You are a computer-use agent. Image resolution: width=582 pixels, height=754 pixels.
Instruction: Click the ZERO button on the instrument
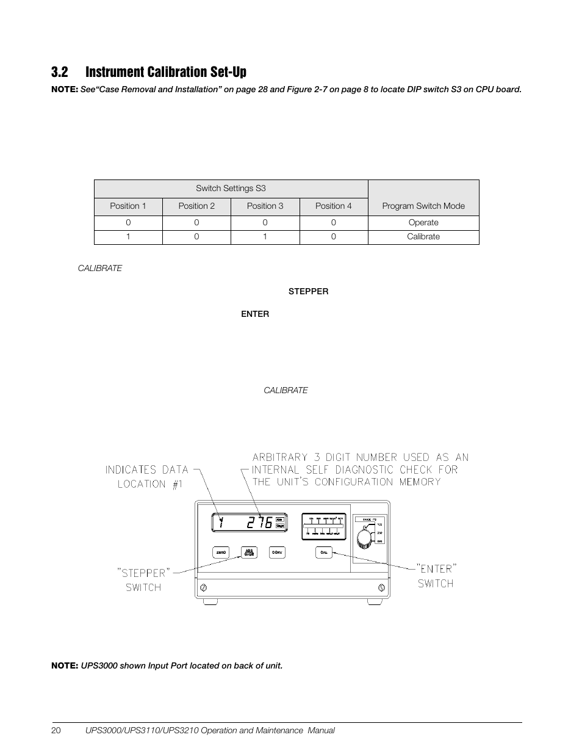tap(221, 553)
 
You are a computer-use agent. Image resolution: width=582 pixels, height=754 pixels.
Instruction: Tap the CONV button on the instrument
tap(278, 553)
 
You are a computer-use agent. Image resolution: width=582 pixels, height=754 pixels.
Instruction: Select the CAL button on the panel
tap(324, 553)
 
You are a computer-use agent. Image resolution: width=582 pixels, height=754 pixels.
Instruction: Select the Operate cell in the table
tap(423, 223)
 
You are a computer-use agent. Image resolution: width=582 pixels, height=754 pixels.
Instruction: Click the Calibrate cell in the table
tap(423, 237)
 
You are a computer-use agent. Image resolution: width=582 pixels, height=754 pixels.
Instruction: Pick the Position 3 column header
tap(265, 206)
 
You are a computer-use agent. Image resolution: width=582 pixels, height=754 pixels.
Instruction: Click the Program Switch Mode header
tap(423, 206)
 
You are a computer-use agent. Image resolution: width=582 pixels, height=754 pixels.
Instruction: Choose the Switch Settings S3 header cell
tap(231, 189)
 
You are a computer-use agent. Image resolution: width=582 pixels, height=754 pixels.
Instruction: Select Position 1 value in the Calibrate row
tap(128, 237)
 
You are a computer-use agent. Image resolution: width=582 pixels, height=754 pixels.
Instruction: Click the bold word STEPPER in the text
tap(308, 292)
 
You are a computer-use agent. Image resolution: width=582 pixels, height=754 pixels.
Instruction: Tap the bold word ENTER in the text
tap(255, 314)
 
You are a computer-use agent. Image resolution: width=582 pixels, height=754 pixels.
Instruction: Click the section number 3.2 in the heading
tap(59, 72)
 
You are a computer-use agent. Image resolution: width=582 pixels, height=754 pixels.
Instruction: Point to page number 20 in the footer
tap(56, 731)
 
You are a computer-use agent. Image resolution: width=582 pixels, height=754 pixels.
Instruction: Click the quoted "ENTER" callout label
tap(436, 569)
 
